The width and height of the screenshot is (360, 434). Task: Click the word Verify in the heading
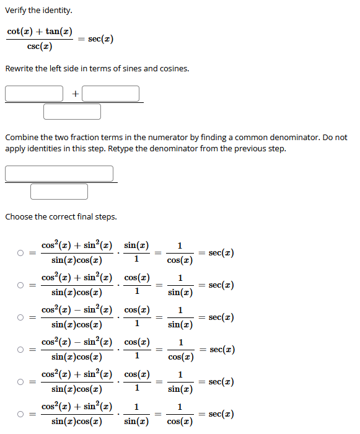(16, 11)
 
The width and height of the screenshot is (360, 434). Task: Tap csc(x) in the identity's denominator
(40, 47)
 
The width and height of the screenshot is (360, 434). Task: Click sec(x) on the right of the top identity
(100, 39)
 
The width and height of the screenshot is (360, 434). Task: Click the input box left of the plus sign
(34, 94)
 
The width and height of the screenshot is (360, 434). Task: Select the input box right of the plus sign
(110, 94)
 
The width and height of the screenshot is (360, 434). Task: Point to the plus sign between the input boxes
(74, 94)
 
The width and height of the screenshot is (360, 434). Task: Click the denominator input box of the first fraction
(72, 112)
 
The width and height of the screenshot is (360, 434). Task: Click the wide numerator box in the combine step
(59, 174)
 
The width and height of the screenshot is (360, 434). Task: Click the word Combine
(22, 137)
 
